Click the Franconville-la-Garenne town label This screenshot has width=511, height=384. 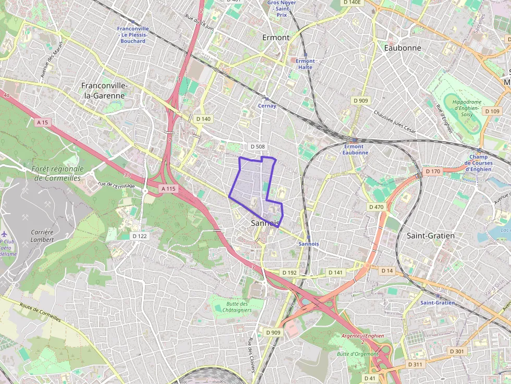tap(103, 90)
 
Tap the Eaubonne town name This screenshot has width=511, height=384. tap(402, 47)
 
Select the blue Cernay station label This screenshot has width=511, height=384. tap(267, 106)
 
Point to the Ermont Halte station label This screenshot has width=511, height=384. tap(305, 64)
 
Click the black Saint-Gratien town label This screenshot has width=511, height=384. tap(430, 236)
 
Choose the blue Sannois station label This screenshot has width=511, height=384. tap(309, 244)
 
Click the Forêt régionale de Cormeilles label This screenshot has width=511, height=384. tap(57, 173)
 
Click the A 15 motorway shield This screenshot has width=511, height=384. tap(43, 122)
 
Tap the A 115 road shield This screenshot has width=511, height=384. tap(168, 189)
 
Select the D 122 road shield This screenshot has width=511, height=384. tap(140, 236)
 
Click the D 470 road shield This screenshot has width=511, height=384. tap(376, 207)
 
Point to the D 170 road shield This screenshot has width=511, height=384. tap(433, 171)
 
